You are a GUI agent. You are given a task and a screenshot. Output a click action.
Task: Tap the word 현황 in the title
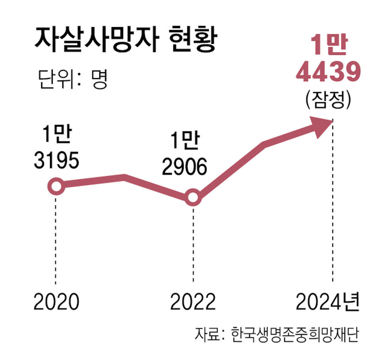click(x=191, y=41)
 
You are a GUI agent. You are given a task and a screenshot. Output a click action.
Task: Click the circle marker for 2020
click(x=56, y=187)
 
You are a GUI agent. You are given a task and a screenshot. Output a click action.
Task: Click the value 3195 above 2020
click(x=56, y=161)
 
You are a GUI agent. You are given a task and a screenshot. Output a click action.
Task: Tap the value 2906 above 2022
click(x=184, y=167)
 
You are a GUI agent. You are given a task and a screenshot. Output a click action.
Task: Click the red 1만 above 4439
click(x=327, y=46)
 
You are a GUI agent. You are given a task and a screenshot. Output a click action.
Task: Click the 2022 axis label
click(x=193, y=302)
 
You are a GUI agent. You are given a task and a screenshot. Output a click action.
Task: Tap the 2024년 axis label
click(x=327, y=302)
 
